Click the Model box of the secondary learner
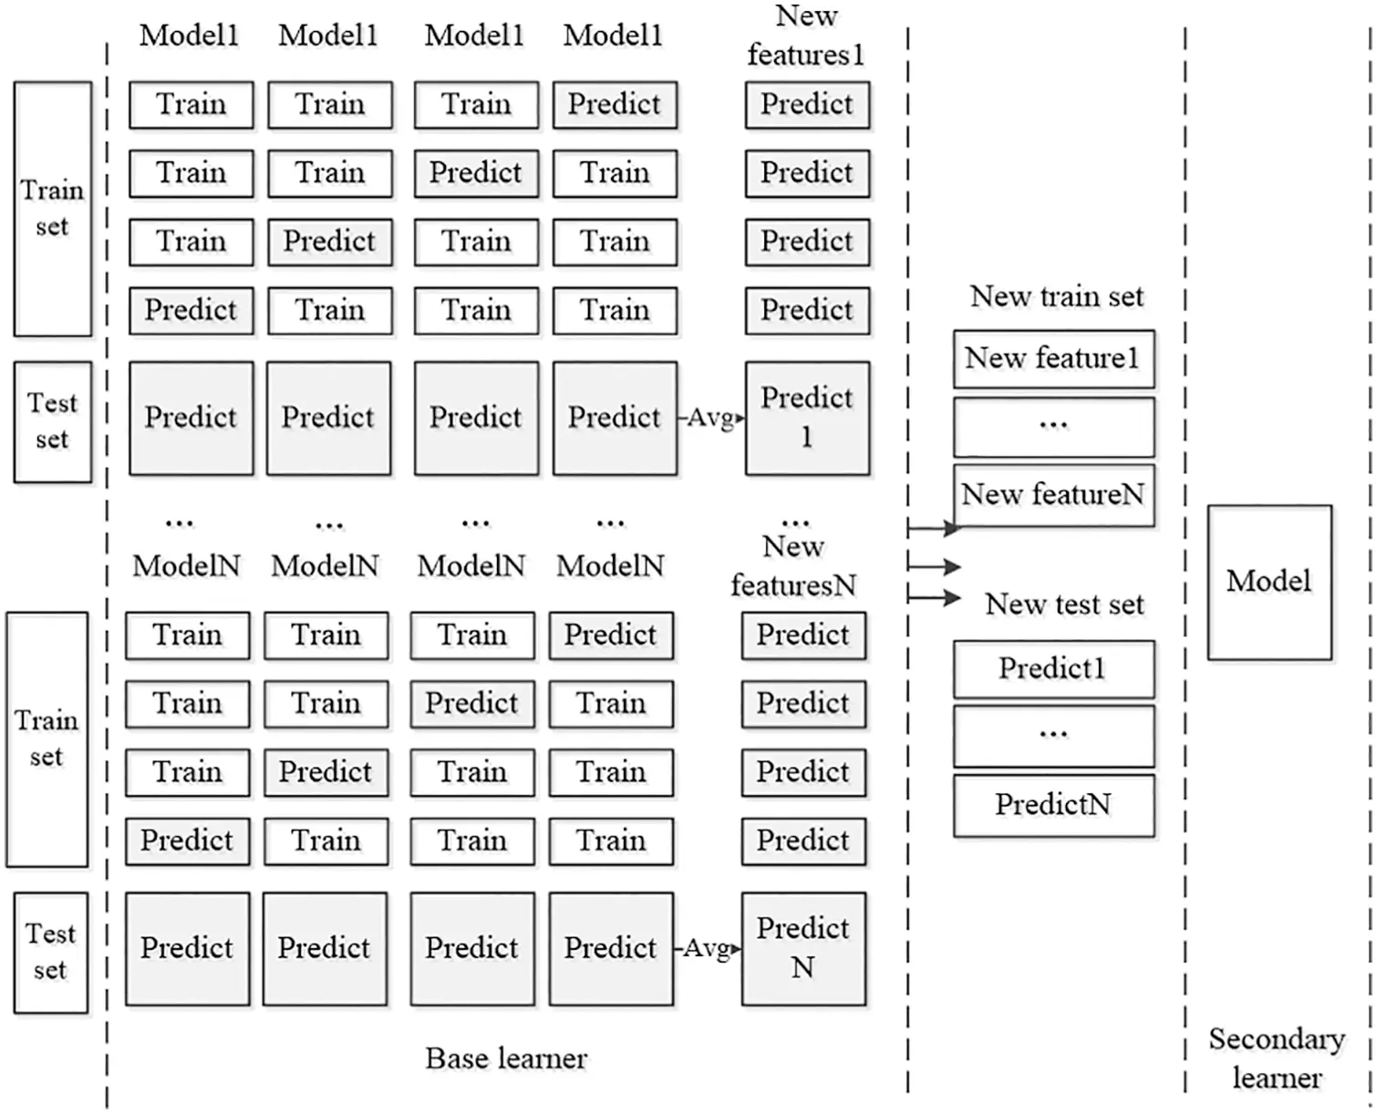click(1268, 583)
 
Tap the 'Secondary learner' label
click(1276, 1058)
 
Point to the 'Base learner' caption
click(506, 1058)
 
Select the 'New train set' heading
click(1056, 296)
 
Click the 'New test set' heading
click(1063, 604)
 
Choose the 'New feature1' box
click(1053, 358)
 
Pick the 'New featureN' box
click(1053, 495)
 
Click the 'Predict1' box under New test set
click(1053, 669)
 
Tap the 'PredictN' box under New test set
click(1053, 805)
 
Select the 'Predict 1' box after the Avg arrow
click(807, 418)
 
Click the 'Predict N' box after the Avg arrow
click(803, 948)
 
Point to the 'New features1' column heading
click(806, 36)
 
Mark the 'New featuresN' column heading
click(793, 566)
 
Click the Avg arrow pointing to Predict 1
click(711, 418)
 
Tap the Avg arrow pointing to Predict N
click(708, 949)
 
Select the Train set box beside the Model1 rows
click(53, 209)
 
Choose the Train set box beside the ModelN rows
click(47, 739)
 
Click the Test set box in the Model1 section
click(53, 421)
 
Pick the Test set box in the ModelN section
click(51, 952)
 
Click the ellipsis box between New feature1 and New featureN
click(1053, 427)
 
